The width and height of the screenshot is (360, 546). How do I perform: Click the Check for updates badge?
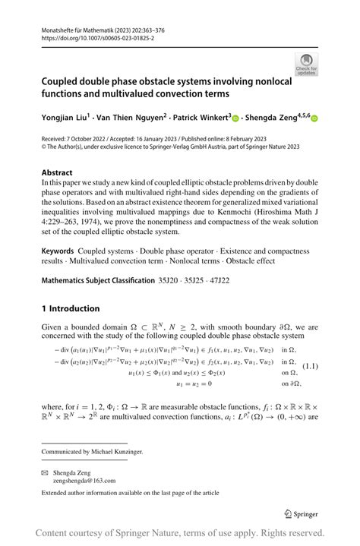click(x=306, y=65)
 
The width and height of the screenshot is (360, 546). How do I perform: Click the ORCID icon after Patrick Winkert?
click(x=235, y=118)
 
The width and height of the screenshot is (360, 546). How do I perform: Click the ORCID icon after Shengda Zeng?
click(x=314, y=118)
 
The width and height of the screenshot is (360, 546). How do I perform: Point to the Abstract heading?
click(x=57, y=172)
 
